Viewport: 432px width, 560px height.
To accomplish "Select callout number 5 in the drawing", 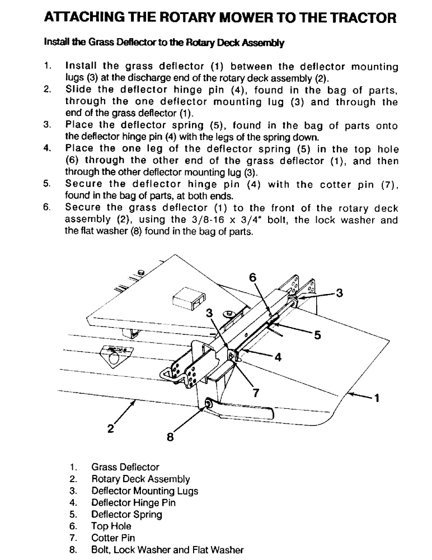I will (317, 335).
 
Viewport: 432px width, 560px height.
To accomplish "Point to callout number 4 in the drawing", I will (276, 358).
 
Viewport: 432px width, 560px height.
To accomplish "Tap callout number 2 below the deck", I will (110, 430).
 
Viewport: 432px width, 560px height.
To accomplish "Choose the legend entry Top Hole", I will (111, 526).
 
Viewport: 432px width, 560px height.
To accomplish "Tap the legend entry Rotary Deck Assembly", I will (140, 479).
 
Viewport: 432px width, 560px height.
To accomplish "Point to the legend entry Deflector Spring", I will (127, 515).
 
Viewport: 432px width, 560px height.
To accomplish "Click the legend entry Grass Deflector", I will (125, 467).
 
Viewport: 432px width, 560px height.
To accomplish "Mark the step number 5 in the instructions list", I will (47, 184).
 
